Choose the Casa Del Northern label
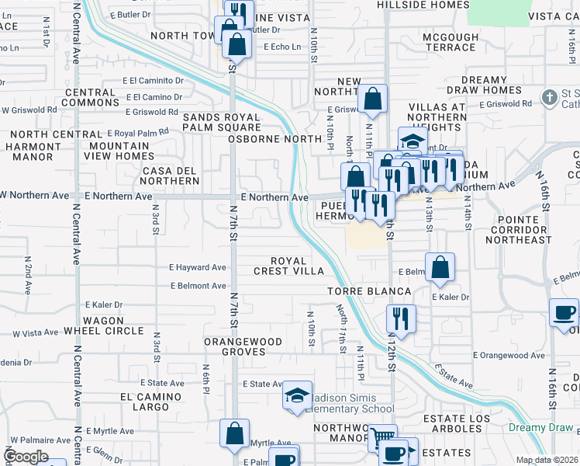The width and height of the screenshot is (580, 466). [170, 176]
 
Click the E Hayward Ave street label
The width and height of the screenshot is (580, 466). [198, 267]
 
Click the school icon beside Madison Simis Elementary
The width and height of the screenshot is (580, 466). [297, 396]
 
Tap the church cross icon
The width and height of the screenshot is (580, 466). [550, 97]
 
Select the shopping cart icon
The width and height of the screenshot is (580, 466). [381, 437]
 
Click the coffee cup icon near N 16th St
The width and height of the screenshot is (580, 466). [564, 312]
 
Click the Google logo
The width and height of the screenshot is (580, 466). [26, 456]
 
